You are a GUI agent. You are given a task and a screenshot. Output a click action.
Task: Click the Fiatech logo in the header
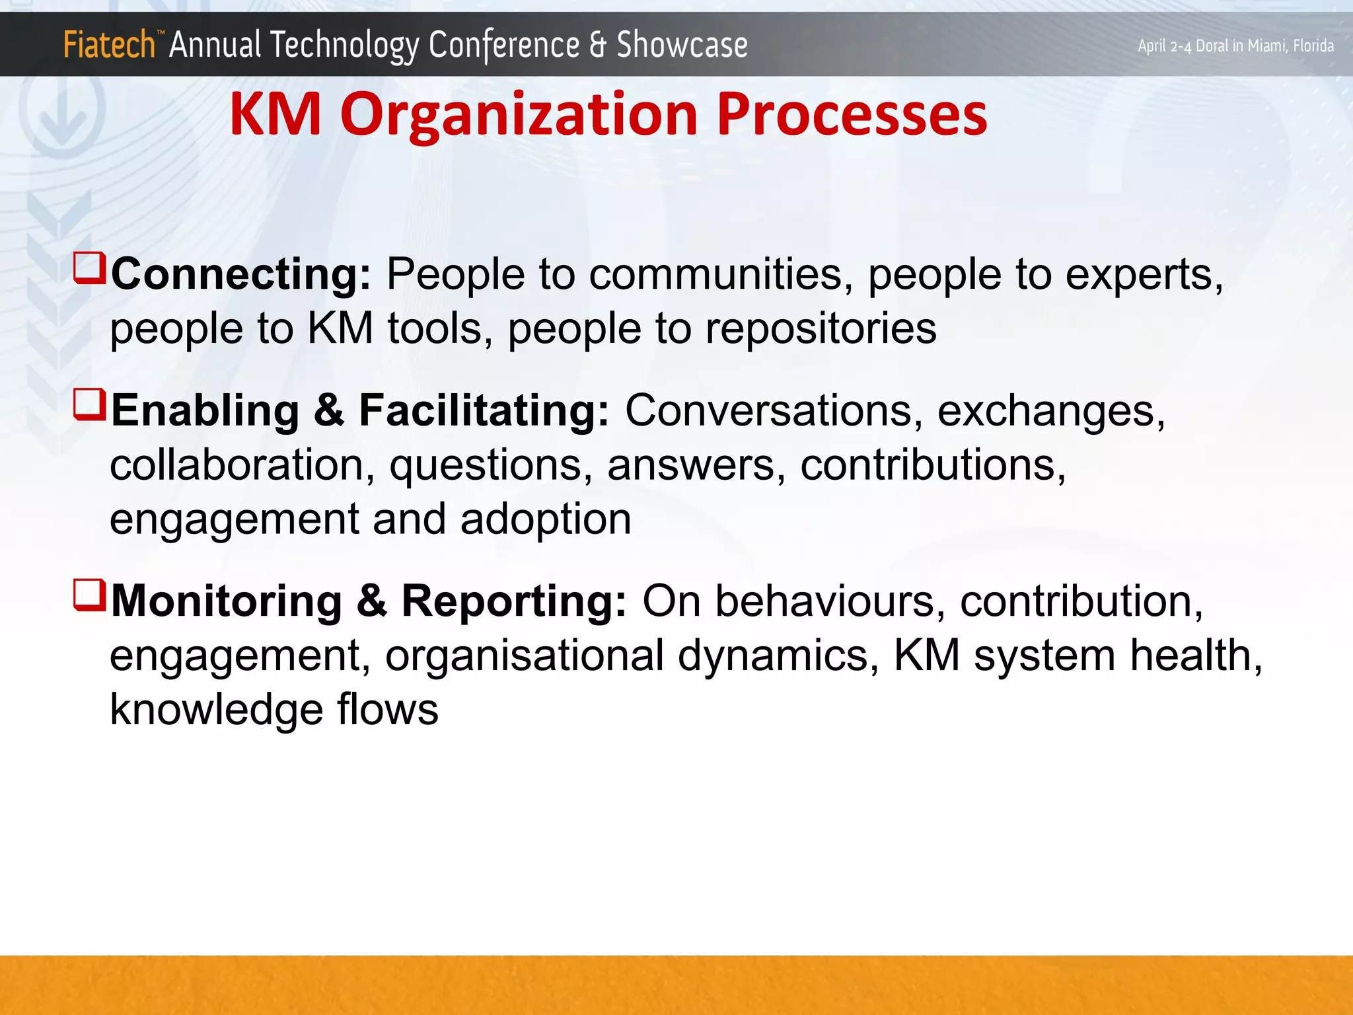(x=109, y=45)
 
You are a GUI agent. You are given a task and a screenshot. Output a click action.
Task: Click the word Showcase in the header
(x=682, y=45)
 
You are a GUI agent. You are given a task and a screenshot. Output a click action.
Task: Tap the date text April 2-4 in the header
(x=1165, y=46)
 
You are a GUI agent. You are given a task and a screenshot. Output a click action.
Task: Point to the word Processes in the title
(x=852, y=114)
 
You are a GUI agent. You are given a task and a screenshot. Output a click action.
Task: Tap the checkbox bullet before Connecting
(x=89, y=268)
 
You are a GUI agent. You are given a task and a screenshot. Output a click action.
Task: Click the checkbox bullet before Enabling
(x=89, y=404)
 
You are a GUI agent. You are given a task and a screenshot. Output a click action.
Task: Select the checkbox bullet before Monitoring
(x=89, y=595)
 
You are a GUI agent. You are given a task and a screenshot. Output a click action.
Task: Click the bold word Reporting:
(x=513, y=601)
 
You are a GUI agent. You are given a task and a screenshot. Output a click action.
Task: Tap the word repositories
(x=821, y=329)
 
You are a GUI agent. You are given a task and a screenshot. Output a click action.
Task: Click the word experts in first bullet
(x=1144, y=275)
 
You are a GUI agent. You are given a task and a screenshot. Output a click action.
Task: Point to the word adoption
(x=546, y=519)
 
